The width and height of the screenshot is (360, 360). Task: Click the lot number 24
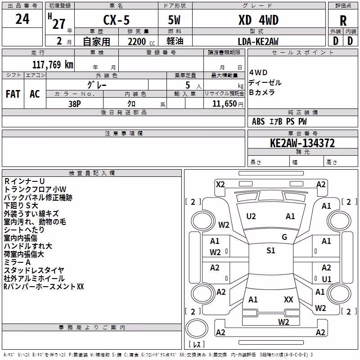click(x=22, y=19)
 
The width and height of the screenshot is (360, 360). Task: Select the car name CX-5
click(x=117, y=20)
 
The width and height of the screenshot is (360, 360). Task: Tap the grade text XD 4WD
click(x=258, y=20)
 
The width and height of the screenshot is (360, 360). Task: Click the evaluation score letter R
click(x=343, y=21)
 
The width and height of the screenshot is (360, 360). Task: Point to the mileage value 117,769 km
click(x=53, y=64)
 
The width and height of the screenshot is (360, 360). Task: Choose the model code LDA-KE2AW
click(x=258, y=41)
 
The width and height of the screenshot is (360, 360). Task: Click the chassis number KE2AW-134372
click(x=302, y=143)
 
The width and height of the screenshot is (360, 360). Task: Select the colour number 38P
click(x=75, y=104)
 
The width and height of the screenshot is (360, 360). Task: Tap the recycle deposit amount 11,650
click(x=224, y=103)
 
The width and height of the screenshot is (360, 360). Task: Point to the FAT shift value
click(x=13, y=94)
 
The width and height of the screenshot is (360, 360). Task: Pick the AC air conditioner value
click(x=35, y=94)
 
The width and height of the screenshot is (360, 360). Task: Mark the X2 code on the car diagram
click(x=220, y=184)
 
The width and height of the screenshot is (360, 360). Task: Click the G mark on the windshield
click(x=284, y=237)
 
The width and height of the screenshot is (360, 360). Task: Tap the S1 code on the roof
click(x=271, y=250)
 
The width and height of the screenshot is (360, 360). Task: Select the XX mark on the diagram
click(x=288, y=299)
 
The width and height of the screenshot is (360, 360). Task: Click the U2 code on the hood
click(x=251, y=216)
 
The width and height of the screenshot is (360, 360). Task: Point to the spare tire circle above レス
click(x=197, y=328)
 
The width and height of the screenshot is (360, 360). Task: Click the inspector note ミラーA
click(x=17, y=262)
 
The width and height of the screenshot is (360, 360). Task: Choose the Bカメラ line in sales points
click(x=262, y=92)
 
